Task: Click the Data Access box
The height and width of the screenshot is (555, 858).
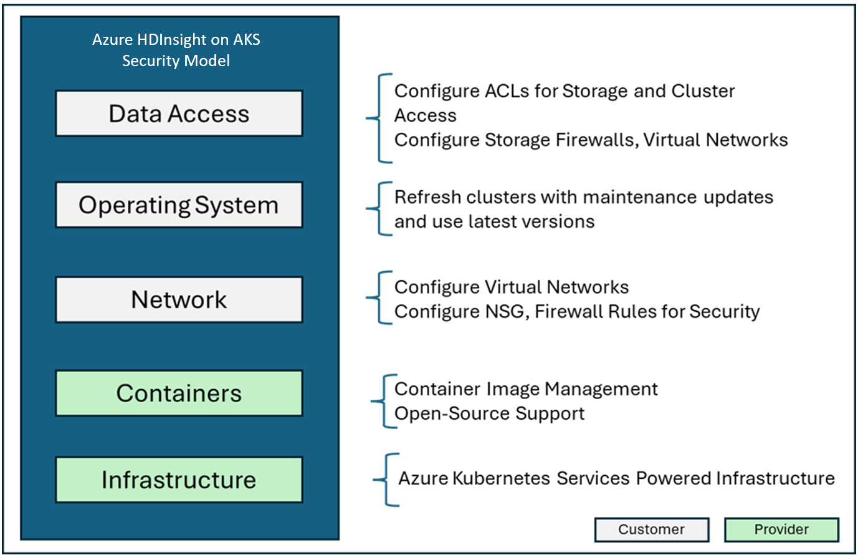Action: click(179, 113)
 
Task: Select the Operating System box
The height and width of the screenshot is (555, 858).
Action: click(179, 205)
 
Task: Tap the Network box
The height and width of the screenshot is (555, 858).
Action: click(179, 300)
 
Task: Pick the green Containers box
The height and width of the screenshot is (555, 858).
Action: click(179, 393)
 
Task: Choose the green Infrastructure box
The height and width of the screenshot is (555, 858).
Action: click(179, 480)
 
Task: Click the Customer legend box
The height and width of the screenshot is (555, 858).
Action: click(651, 529)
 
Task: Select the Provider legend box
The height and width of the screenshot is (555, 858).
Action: click(781, 529)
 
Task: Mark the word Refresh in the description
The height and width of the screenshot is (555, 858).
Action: click(428, 197)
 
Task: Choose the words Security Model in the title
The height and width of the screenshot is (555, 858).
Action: click(176, 61)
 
